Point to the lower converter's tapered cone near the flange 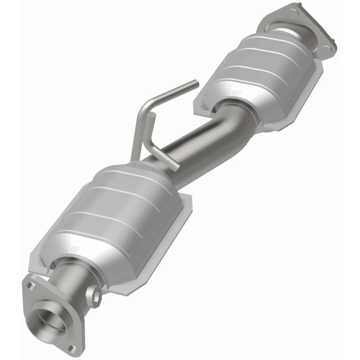[85, 261]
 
